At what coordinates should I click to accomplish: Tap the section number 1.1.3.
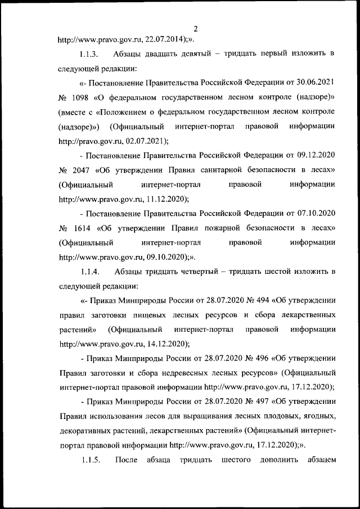(91, 55)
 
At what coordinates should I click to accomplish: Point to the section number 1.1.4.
(91, 272)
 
